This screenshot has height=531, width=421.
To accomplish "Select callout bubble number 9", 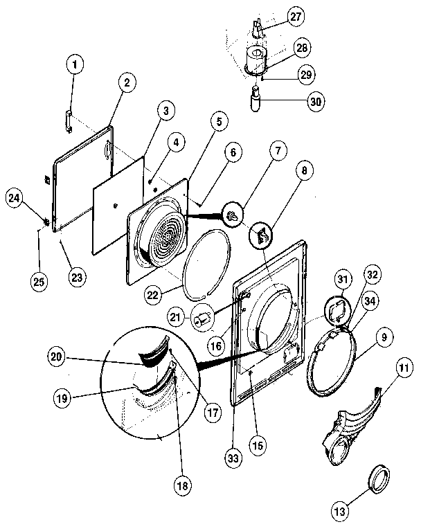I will [x=385, y=339].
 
